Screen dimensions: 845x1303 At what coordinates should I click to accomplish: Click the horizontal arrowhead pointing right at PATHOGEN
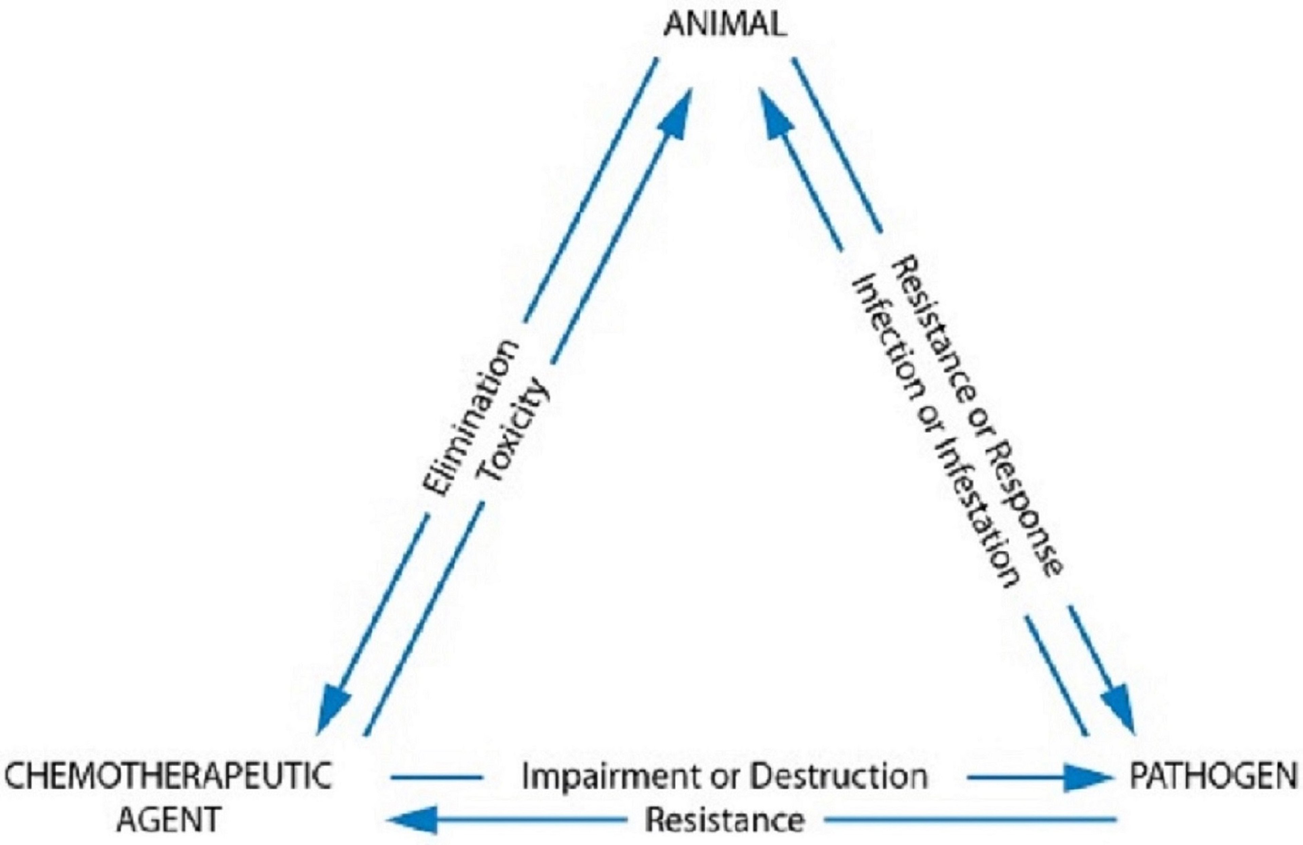point(1087,776)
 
